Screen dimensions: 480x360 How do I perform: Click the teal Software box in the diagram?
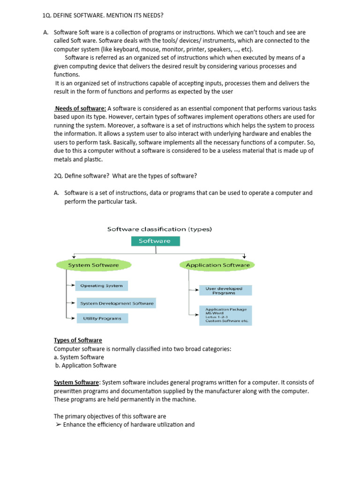[x=155, y=241]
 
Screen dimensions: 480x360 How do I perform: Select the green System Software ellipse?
[x=93, y=265]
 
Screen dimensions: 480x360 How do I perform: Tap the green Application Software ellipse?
[x=217, y=265]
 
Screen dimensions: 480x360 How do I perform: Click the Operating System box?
[x=101, y=285]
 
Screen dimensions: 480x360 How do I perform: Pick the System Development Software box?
[x=116, y=303]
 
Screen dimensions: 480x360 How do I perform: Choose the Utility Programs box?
[x=102, y=318]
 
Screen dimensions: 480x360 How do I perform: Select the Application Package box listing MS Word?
[x=226, y=315]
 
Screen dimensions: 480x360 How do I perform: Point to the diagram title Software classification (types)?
[x=159, y=229]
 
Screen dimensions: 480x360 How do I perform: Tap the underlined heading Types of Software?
[x=78, y=340]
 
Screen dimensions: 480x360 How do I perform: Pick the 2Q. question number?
[x=59, y=176]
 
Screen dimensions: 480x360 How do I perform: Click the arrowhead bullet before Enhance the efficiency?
[x=58, y=425]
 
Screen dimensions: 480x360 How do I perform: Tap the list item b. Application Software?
[x=85, y=366]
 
